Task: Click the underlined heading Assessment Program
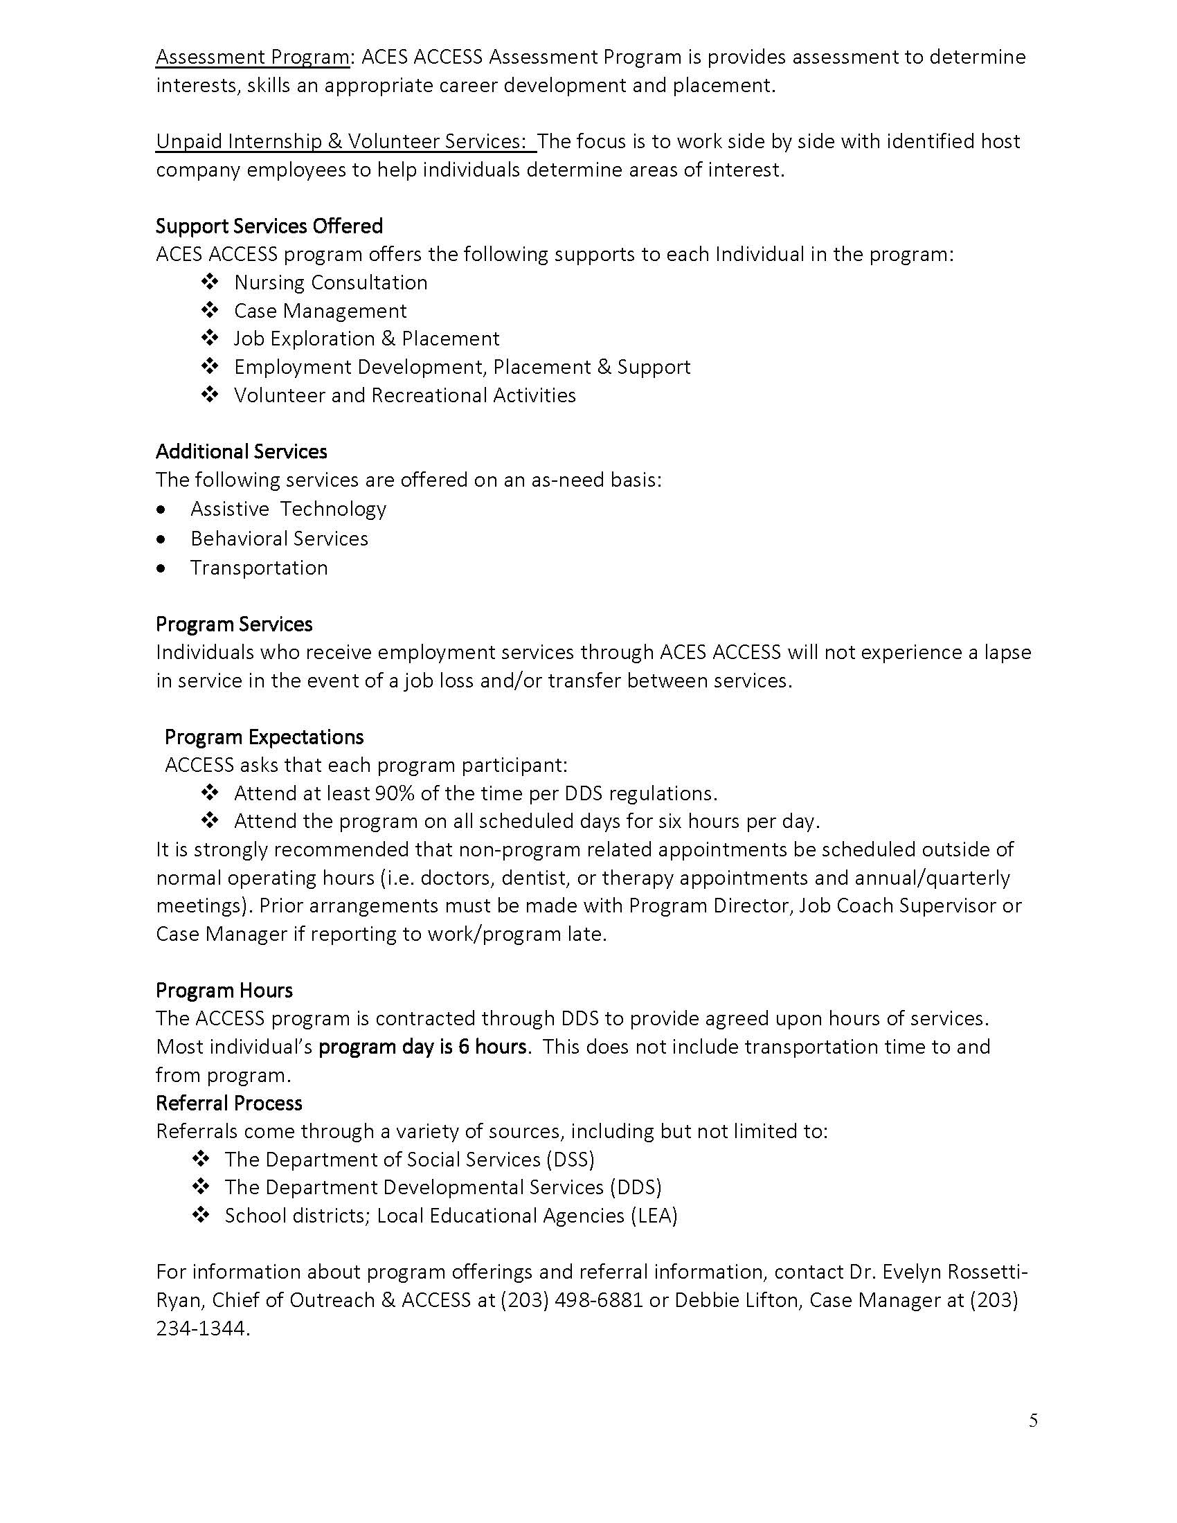(x=253, y=57)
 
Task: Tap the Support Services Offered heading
(x=269, y=226)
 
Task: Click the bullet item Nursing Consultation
(x=330, y=282)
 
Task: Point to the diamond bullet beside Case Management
(x=210, y=310)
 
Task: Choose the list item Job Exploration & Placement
(x=366, y=339)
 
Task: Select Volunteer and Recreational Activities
(x=404, y=395)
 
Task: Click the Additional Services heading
(x=241, y=451)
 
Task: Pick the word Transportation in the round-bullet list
(x=259, y=568)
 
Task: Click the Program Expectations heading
(x=264, y=737)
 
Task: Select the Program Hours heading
(x=224, y=990)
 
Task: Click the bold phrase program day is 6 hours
(x=422, y=1047)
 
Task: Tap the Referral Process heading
(x=228, y=1103)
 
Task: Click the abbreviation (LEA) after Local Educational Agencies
(x=654, y=1216)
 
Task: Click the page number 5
(x=1033, y=1421)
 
